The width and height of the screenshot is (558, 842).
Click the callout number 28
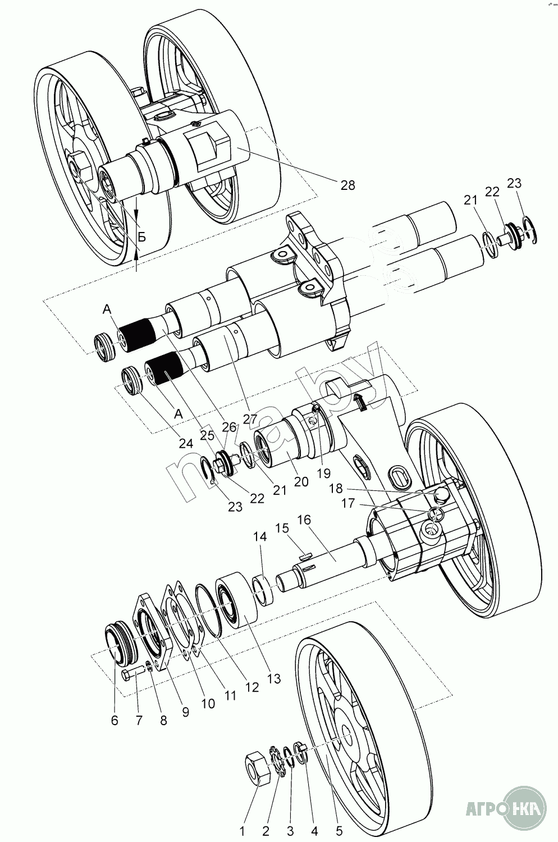pos(348,185)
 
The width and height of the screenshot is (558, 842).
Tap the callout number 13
pos(273,679)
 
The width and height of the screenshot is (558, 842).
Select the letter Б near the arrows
pos(142,237)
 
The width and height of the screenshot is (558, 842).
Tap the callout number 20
pos(301,481)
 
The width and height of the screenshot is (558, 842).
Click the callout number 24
pos(185,443)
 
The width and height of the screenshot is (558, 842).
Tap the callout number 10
pos(208,703)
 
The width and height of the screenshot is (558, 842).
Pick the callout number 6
pos(115,721)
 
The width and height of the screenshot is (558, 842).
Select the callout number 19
pos(323,472)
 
